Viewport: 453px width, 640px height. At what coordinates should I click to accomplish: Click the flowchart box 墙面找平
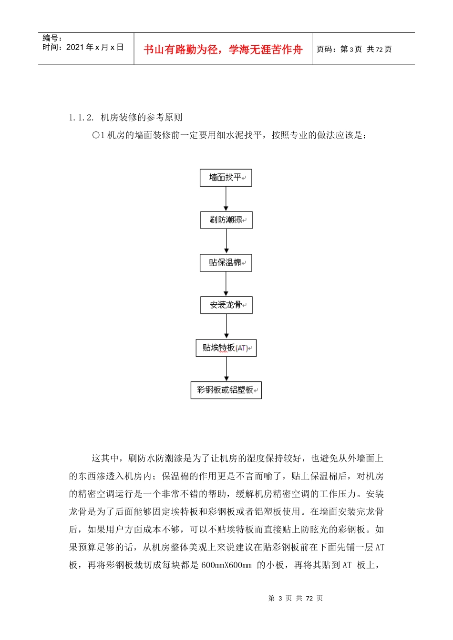(226, 178)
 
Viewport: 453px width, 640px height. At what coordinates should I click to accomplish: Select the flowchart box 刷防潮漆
(226, 220)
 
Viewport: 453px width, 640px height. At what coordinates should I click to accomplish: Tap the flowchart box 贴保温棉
(226, 262)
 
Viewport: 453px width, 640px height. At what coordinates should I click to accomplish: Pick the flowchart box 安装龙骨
(226, 305)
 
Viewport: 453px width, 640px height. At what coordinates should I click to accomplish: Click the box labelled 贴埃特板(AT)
(226, 348)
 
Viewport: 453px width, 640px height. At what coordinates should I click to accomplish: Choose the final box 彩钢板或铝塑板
(226, 390)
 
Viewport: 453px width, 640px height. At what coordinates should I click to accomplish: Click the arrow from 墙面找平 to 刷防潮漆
(226, 199)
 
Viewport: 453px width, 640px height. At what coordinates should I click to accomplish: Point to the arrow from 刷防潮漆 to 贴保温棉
(226, 241)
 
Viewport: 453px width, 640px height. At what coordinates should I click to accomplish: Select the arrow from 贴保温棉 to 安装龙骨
(226, 284)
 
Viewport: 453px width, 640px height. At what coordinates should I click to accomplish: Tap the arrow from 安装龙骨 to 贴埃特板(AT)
(226, 326)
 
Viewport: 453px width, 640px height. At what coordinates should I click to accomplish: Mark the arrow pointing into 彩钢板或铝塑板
(226, 369)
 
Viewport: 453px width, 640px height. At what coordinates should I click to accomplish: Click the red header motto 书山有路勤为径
(181, 50)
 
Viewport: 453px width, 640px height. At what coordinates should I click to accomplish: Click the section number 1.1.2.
(81, 118)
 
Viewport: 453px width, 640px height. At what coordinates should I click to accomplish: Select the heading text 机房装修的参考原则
(142, 118)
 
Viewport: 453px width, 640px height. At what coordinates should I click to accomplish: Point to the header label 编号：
(52, 38)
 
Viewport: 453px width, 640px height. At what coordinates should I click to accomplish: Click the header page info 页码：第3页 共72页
(354, 49)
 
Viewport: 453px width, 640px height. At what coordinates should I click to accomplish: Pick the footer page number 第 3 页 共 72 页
(296, 598)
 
